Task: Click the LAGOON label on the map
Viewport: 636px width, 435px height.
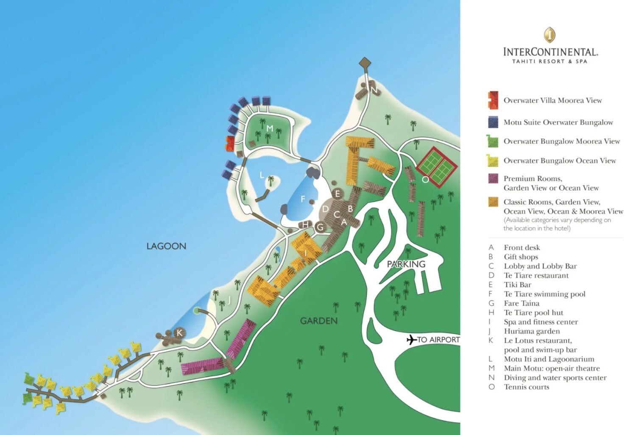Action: (x=166, y=246)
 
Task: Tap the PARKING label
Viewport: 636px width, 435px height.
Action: (x=406, y=264)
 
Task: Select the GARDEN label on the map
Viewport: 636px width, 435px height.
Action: (x=319, y=321)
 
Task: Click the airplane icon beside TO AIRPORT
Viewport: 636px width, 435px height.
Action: (x=411, y=340)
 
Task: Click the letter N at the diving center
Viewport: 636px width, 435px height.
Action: (x=374, y=90)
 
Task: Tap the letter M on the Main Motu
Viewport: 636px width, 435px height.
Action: (x=270, y=128)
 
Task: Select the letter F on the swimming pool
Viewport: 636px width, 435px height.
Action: (x=303, y=199)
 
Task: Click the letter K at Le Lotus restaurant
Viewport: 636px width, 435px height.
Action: (x=179, y=333)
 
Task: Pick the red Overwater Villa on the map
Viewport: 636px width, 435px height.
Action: (x=230, y=144)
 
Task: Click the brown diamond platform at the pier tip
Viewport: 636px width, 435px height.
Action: (x=365, y=63)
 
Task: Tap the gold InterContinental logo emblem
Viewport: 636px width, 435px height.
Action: (x=550, y=35)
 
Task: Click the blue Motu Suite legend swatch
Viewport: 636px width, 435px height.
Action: (x=493, y=122)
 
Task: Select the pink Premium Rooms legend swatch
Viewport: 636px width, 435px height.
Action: (x=493, y=178)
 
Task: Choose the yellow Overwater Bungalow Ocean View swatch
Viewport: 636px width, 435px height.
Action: (x=493, y=161)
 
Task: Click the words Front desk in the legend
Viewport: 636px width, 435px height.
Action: (x=522, y=247)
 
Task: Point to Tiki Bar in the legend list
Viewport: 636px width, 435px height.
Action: (x=517, y=285)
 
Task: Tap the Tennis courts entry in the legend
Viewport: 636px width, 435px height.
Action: (x=526, y=387)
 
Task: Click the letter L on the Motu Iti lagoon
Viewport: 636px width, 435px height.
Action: (x=262, y=175)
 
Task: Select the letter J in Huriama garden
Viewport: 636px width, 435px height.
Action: (x=229, y=300)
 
